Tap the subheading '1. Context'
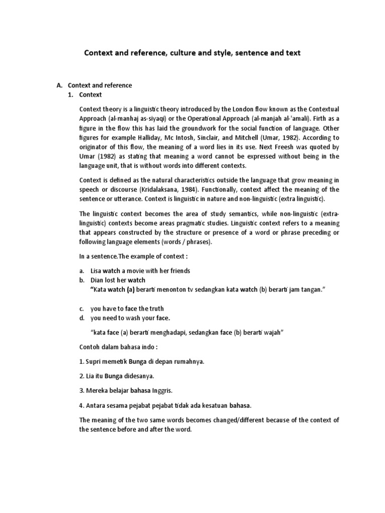(85, 95)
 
